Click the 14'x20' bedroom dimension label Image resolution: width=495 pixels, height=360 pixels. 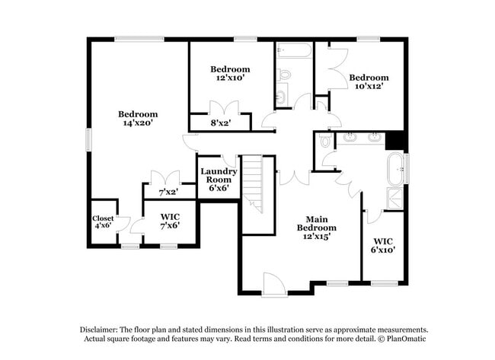tap(138, 123)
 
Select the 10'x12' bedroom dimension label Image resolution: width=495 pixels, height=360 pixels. tap(369, 86)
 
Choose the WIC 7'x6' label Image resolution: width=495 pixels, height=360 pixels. tap(170, 221)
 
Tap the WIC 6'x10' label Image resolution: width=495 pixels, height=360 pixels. tap(383, 245)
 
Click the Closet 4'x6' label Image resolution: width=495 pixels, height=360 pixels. tap(103, 222)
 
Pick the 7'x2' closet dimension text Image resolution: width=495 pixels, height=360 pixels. tap(167, 193)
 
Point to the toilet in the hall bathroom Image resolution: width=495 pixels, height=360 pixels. tap(284, 75)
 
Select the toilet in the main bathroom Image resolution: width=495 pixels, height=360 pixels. tap(325, 141)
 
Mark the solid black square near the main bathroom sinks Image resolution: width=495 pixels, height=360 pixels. tap(395, 141)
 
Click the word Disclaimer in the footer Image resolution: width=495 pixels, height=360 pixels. tap(104, 329)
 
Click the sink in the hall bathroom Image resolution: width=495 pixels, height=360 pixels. tap(281, 97)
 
